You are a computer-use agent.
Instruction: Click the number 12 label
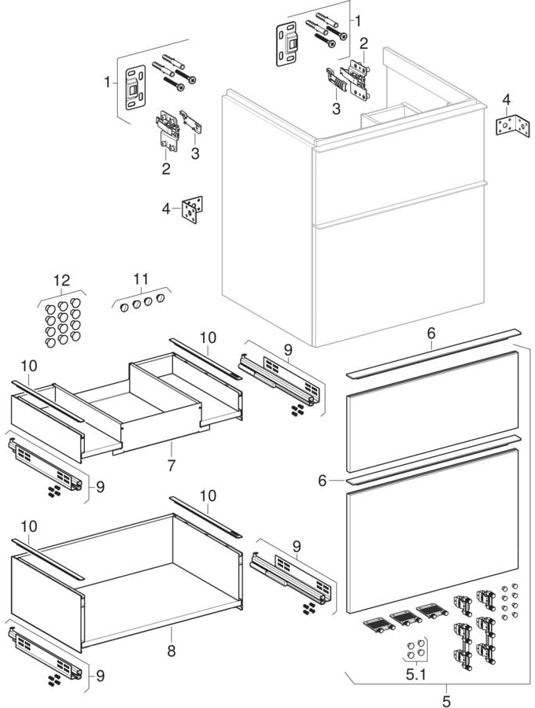61,280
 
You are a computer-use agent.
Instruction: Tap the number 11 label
141,278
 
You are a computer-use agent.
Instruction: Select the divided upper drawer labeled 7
126,409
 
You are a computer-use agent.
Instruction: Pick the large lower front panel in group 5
433,531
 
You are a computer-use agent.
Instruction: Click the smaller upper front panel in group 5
433,411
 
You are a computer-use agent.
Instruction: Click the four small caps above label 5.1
415,649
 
